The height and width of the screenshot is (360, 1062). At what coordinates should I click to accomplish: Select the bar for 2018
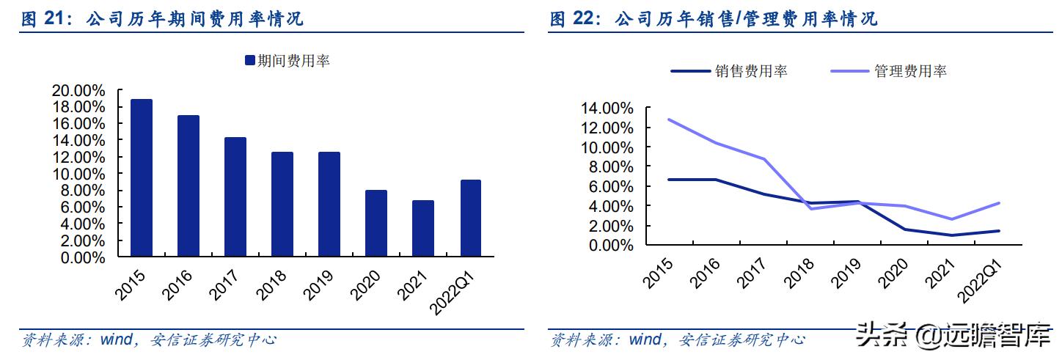tap(282, 205)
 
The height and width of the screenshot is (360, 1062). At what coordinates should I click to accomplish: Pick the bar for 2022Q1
tap(470, 218)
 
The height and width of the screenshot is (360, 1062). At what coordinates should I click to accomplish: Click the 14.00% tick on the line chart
tap(607, 109)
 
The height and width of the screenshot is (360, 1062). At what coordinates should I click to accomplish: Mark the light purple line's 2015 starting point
tap(669, 120)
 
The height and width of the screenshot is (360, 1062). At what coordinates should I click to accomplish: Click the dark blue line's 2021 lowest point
tap(952, 235)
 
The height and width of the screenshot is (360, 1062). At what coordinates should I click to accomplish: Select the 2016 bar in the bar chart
tap(188, 186)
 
